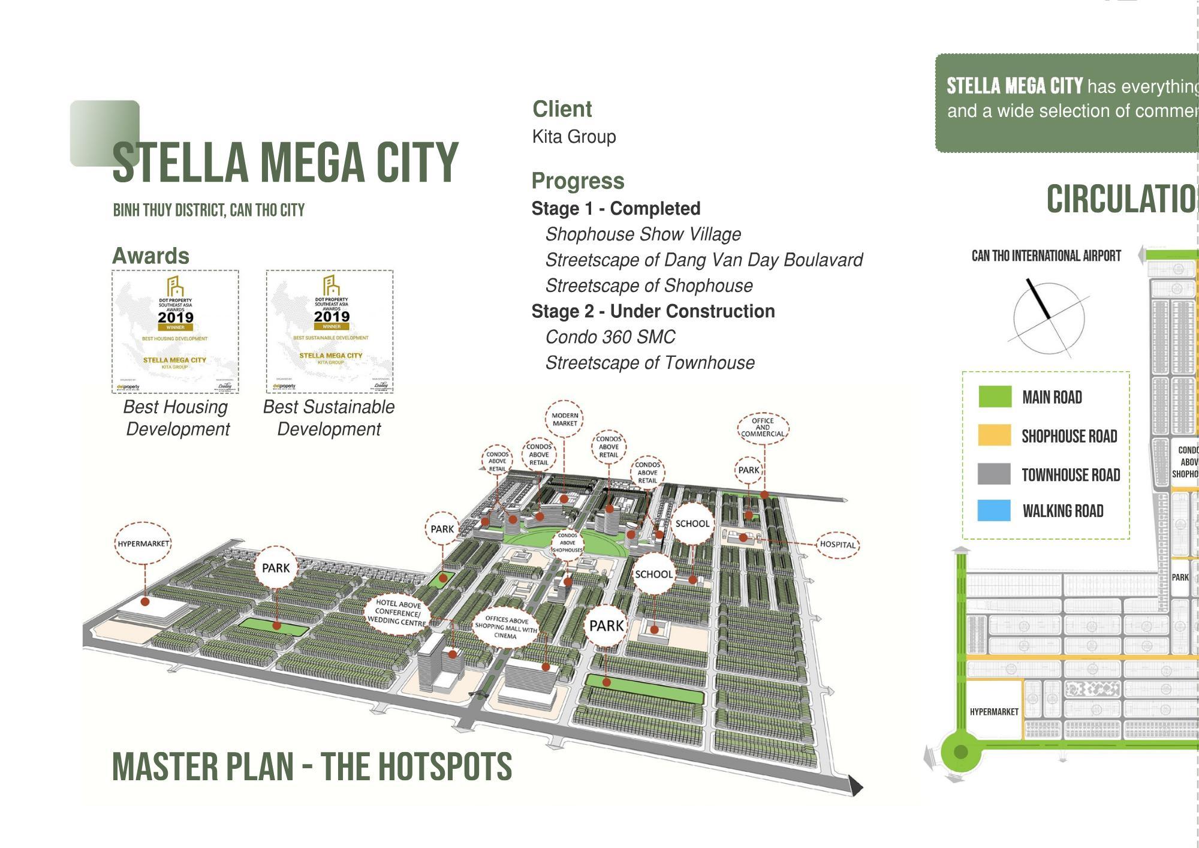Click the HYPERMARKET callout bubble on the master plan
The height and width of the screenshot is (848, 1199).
(143, 544)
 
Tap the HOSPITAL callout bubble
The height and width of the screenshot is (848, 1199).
(838, 545)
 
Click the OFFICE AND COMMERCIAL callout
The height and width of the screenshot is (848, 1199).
(763, 428)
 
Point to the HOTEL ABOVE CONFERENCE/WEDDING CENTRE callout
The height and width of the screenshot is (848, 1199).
(397, 612)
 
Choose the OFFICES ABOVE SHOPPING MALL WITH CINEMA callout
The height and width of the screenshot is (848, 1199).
(506, 627)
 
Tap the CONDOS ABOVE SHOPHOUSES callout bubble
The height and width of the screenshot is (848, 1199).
(567, 543)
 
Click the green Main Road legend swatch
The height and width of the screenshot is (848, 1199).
(995, 397)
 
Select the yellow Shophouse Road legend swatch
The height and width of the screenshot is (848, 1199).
(995, 435)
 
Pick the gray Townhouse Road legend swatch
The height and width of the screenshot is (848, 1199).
(994, 474)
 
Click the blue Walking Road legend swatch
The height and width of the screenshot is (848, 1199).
(994, 510)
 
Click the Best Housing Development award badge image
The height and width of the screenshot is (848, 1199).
(175, 332)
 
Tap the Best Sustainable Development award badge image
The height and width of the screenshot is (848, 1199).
(330, 332)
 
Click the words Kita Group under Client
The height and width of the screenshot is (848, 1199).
(574, 137)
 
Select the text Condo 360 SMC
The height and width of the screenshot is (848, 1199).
(610, 337)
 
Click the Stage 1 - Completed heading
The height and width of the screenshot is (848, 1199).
(616, 209)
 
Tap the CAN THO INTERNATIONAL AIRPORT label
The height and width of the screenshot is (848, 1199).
(1046, 256)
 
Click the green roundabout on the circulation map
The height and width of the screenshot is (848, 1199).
(960, 751)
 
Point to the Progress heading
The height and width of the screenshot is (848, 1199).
(578, 181)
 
